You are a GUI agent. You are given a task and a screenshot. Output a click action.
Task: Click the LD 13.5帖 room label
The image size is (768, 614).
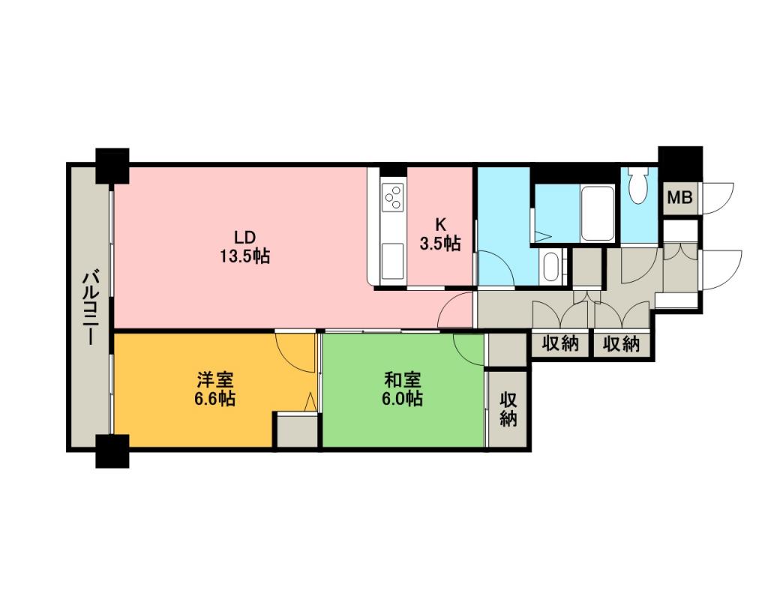click(244, 247)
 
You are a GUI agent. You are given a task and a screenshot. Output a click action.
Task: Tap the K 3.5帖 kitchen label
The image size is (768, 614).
click(440, 234)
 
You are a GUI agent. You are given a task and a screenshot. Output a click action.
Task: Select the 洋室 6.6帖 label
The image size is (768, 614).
click(214, 389)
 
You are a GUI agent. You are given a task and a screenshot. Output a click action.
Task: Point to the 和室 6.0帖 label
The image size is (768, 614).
click(402, 389)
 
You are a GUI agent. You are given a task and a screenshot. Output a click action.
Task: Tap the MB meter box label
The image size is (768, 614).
click(680, 197)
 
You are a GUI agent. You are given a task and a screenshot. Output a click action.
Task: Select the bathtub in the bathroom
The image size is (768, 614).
click(597, 213)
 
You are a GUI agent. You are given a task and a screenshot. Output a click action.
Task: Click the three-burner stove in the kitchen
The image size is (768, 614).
click(393, 197)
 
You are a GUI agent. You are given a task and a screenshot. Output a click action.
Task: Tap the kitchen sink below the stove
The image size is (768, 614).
click(393, 261)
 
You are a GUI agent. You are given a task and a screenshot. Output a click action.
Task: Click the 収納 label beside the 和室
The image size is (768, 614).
click(508, 410)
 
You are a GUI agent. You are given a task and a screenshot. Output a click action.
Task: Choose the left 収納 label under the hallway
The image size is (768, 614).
click(560, 343)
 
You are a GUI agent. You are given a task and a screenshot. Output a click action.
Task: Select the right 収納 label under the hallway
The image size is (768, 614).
click(621, 343)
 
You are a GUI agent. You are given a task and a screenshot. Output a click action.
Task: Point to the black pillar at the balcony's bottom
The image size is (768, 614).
click(112, 451)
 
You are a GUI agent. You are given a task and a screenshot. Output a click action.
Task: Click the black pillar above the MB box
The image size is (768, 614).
click(680, 163)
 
